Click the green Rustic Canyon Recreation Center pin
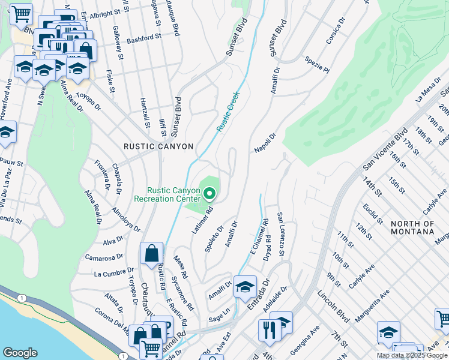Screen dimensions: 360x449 (x=209, y=193)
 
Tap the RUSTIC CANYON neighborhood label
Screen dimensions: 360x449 (x=158, y=146)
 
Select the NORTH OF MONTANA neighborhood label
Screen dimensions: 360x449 (x=412, y=227)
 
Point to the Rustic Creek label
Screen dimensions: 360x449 (x=228, y=112)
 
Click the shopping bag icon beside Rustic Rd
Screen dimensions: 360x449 (x=151, y=254)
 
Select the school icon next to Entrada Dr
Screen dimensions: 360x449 (x=245, y=287)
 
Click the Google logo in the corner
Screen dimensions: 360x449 (x=20, y=353)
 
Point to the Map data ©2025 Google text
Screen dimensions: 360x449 (x=412, y=355)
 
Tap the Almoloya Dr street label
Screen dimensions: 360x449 (x=125, y=220)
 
